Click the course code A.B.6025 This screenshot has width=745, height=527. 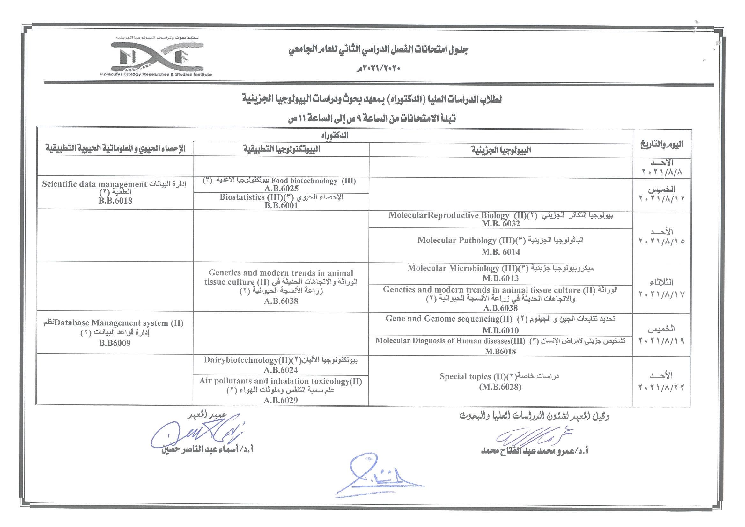click(281, 189)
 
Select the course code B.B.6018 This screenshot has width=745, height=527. click(115, 201)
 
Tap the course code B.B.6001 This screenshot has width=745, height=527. click(281, 205)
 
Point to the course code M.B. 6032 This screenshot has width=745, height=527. click(501, 224)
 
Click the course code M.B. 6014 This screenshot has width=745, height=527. click(501, 252)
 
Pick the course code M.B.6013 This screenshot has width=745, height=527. click(500, 278)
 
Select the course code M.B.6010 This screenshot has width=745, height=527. click(500, 330)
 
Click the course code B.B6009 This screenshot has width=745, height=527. click(115, 343)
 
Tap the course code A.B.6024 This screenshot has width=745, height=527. click(281, 370)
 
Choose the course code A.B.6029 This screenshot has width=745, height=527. click(281, 400)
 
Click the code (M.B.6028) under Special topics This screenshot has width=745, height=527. click(500, 387)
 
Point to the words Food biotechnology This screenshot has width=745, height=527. click(304, 181)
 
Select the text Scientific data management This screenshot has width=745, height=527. click(94, 184)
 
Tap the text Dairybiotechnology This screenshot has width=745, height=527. click(241, 360)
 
